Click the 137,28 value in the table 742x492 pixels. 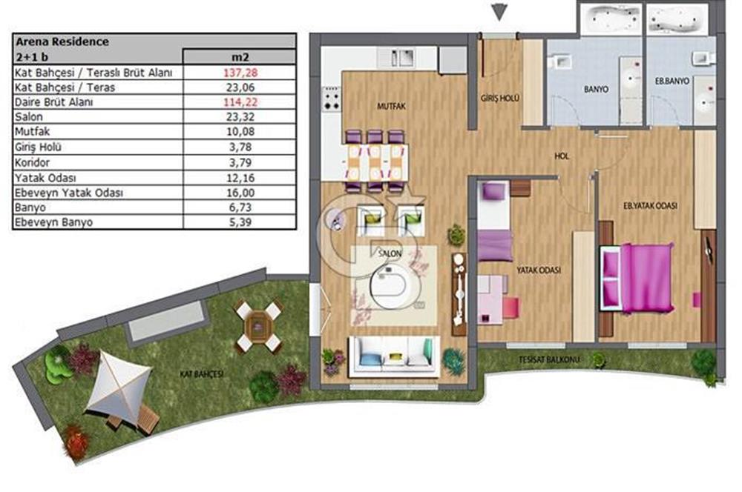(x=240, y=73)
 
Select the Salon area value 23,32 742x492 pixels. (x=240, y=117)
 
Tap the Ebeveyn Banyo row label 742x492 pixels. (x=53, y=222)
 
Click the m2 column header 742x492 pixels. (x=240, y=57)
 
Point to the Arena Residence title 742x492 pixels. (x=62, y=41)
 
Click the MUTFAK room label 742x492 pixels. (x=391, y=107)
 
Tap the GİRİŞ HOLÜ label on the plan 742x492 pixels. (x=499, y=99)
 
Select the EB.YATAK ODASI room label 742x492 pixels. (x=650, y=205)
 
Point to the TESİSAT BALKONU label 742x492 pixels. (x=549, y=359)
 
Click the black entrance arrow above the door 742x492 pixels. (x=499, y=12)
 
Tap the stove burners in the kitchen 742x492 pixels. (x=331, y=100)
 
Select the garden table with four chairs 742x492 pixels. (x=258, y=326)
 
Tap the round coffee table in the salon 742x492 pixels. (x=395, y=287)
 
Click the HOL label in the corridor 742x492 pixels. (x=562, y=156)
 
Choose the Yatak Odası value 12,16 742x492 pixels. (x=240, y=178)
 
